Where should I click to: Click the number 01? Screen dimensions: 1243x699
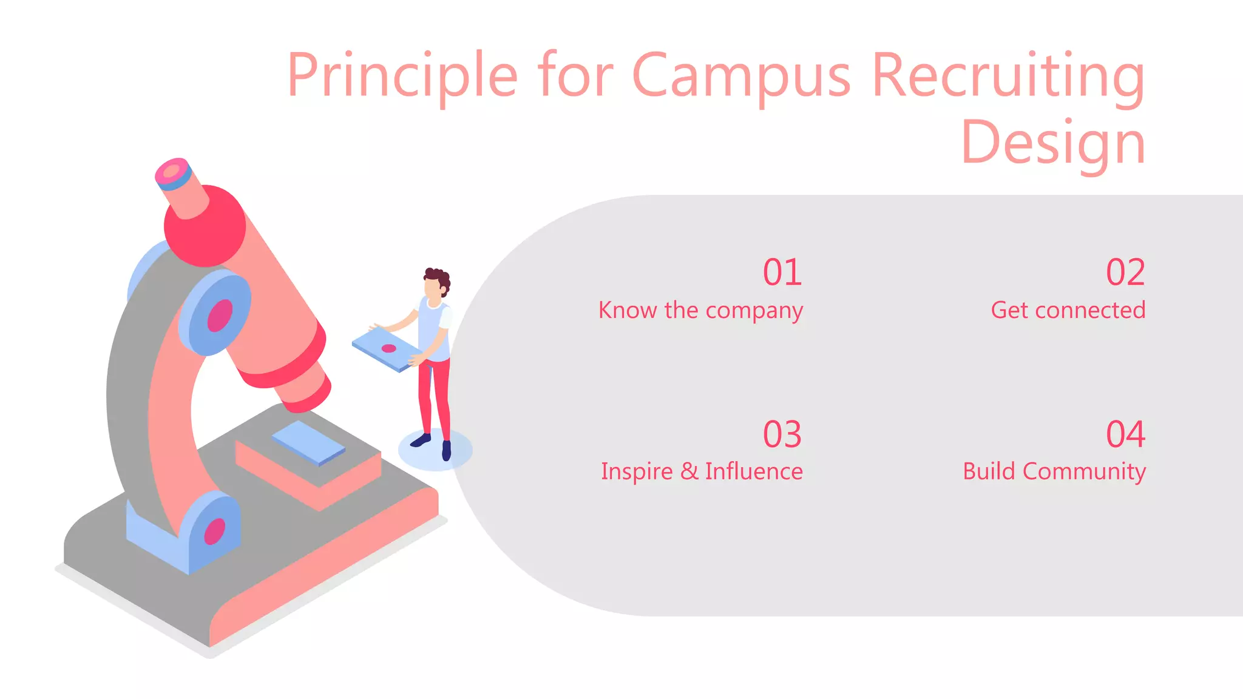pyautogui.click(x=782, y=272)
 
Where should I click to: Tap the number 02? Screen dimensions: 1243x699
pyautogui.click(x=1125, y=272)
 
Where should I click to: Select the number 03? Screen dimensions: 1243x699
pyautogui.click(x=782, y=434)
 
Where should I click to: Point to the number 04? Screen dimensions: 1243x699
pyautogui.click(x=1125, y=434)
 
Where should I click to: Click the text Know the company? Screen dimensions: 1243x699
pyautogui.click(x=700, y=311)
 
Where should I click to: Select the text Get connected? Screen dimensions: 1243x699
pyautogui.click(x=1068, y=311)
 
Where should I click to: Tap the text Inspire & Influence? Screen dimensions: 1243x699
pyautogui.click(x=702, y=471)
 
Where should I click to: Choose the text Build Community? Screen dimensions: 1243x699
pyautogui.click(x=1054, y=471)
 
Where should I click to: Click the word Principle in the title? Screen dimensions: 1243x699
pyautogui.click(x=402, y=76)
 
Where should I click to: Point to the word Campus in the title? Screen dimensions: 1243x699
pyautogui.click(x=741, y=76)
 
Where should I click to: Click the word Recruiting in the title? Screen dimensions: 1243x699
pyautogui.click(x=1008, y=76)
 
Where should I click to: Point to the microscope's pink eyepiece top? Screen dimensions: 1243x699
pyautogui.click(x=172, y=172)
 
